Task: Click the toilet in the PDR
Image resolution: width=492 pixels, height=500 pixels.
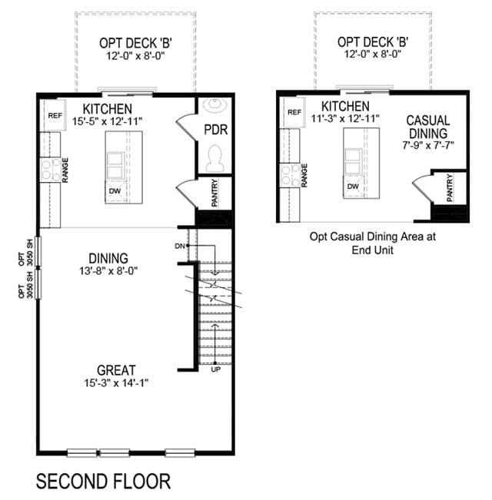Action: coord(215,159)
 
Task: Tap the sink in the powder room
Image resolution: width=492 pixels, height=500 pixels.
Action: coord(215,105)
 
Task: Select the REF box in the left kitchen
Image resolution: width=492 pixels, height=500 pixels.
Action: coord(55,115)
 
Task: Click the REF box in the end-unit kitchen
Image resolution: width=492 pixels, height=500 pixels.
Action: coord(294,112)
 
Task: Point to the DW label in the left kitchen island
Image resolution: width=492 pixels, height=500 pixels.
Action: coord(115,191)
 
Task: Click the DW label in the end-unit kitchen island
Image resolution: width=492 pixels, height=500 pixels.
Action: coord(353,187)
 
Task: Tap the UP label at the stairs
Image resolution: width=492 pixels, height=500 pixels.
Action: coord(216,369)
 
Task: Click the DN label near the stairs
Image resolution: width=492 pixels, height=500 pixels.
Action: coord(180,246)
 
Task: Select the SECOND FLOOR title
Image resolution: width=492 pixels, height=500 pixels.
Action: coord(103,482)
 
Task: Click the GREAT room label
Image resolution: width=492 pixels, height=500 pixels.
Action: coord(116,370)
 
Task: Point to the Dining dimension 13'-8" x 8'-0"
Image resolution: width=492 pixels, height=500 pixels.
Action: coord(108,271)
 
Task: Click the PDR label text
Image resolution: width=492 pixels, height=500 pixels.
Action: coord(216,130)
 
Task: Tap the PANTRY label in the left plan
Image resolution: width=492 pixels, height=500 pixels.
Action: coord(214,193)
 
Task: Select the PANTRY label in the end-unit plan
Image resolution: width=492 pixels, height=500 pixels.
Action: coord(450,188)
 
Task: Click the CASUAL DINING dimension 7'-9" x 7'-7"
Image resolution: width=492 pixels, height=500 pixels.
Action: coord(428,145)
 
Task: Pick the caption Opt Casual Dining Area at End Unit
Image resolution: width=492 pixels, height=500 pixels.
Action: coord(373,243)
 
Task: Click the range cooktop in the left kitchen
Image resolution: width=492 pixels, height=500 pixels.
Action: coord(51,171)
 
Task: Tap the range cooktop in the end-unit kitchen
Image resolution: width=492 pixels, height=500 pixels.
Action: coord(290,175)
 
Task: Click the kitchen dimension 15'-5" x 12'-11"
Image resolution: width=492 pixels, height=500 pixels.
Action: coord(107,121)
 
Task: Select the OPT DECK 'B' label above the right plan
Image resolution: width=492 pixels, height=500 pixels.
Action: coord(373,42)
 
